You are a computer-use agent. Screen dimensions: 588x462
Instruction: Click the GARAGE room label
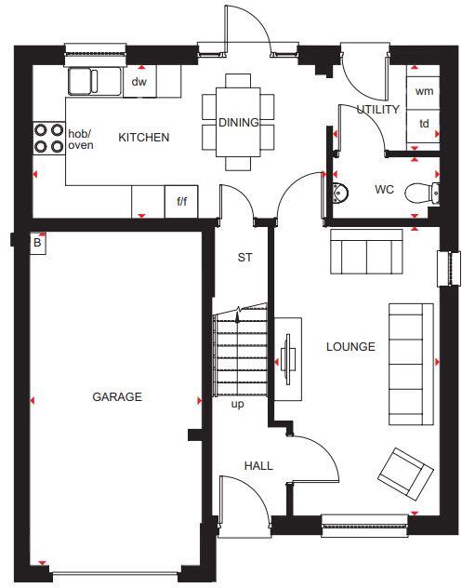pos(117,396)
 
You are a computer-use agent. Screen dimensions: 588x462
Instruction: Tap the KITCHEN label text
pos(144,138)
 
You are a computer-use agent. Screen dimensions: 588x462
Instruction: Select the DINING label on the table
pos(239,123)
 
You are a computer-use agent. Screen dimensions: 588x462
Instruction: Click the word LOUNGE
pos(350,347)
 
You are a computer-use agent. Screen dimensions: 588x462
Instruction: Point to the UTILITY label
pos(378,110)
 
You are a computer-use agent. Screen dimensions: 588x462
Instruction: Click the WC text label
pos(384,190)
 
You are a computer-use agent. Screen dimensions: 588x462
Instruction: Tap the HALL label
pos(258,465)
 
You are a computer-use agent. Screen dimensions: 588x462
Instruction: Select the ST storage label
pos(245,257)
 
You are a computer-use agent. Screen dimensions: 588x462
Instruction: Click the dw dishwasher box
pos(139,82)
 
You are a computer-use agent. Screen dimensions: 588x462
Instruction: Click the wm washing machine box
pos(424,91)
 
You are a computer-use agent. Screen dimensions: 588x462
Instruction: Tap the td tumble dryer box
pos(424,124)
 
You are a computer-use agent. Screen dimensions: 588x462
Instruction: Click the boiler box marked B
pos(38,243)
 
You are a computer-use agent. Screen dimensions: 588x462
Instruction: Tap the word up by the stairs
pos(237,404)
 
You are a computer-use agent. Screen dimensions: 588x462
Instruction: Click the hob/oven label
pos(81,140)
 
